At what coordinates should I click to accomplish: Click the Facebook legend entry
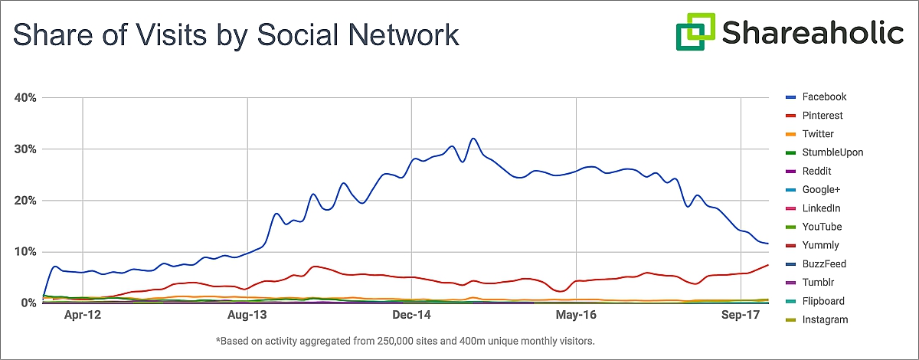(823, 97)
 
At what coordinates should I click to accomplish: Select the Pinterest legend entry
(822, 116)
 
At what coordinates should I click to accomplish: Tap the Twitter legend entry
(817, 134)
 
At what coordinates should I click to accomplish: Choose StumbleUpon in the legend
(832, 152)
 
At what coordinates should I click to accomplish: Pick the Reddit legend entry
(816, 171)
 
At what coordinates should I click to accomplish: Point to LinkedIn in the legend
(821, 208)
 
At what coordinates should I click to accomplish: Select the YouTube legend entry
(822, 227)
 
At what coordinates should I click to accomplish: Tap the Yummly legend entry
(820, 245)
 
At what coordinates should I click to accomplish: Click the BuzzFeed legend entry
(824, 264)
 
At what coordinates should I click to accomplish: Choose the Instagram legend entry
(825, 319)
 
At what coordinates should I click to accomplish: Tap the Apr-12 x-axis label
(83, 315)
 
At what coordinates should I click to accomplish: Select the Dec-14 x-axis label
(412, 315)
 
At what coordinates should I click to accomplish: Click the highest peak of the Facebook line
(473, 139)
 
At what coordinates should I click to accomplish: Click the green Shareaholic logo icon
(695, 32)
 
